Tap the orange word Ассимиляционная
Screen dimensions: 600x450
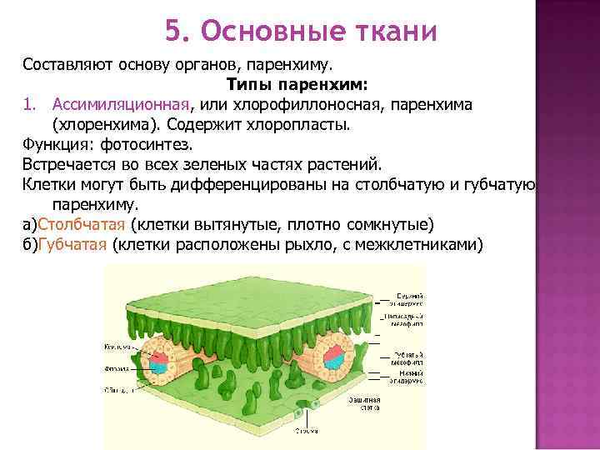coord(122,104)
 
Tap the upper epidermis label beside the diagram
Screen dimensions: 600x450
coord(408,299)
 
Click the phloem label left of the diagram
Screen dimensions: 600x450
coord(116,367)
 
